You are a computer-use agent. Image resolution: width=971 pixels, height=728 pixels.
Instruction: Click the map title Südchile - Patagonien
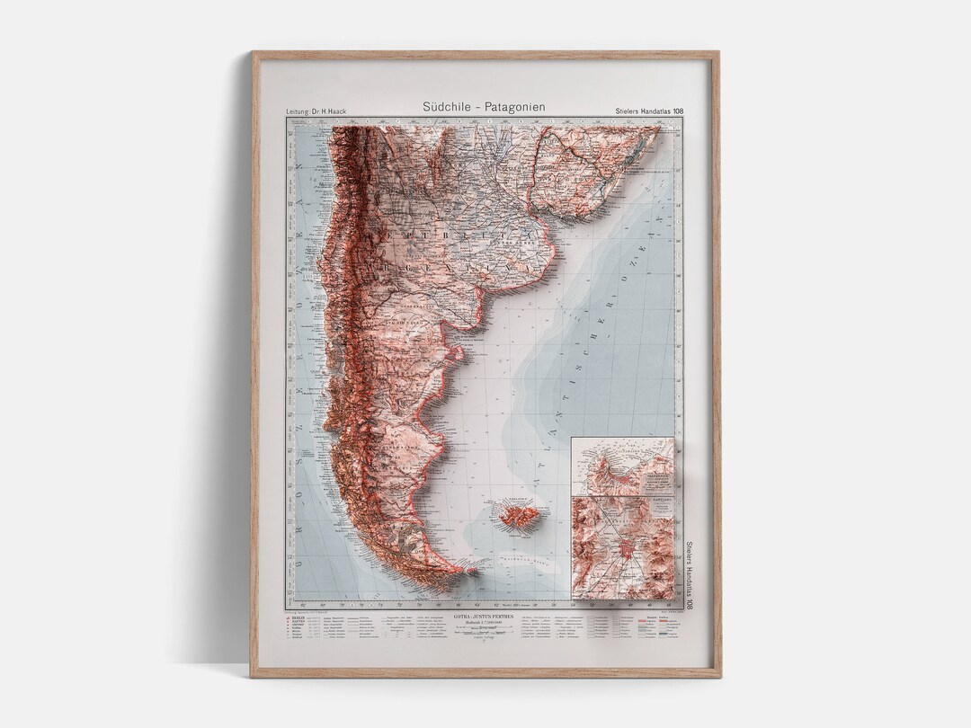point(484,107)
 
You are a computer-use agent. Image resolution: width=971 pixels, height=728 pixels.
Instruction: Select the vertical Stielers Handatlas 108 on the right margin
point(690,575)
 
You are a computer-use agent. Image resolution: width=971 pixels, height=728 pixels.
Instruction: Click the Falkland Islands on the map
point(518,517)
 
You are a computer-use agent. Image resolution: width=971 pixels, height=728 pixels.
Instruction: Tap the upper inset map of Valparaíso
point(622,466)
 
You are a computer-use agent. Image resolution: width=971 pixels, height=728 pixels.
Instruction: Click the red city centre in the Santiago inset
point(622,550)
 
